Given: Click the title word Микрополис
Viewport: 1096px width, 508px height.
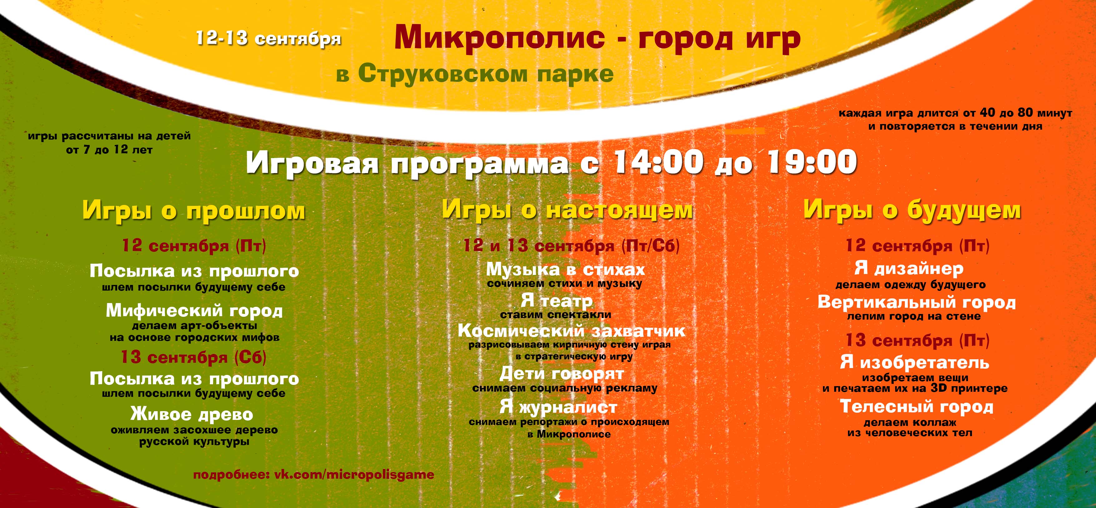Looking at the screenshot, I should [500, 37].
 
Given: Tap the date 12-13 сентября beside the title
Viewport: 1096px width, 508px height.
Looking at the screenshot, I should [268, 39].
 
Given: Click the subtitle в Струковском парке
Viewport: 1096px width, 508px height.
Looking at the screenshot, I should [475, 74].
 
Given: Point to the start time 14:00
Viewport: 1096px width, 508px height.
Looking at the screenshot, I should [657, 162].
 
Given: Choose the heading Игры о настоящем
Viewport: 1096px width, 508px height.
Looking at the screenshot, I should [567, 210].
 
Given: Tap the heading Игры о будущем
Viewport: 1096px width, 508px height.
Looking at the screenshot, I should [912, 210].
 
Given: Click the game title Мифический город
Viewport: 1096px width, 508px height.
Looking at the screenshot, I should [194, 311].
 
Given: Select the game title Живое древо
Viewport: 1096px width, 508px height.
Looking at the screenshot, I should [192, 414].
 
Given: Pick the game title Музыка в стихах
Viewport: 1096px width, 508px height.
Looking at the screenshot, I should [565, 269].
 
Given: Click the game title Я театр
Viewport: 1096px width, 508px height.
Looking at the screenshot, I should [556, 301].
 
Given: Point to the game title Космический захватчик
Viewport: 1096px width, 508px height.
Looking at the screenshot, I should [571, 331].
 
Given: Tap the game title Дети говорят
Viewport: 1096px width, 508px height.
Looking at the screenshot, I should [562, 374].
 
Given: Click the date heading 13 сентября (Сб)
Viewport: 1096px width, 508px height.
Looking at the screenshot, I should [194, 357].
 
